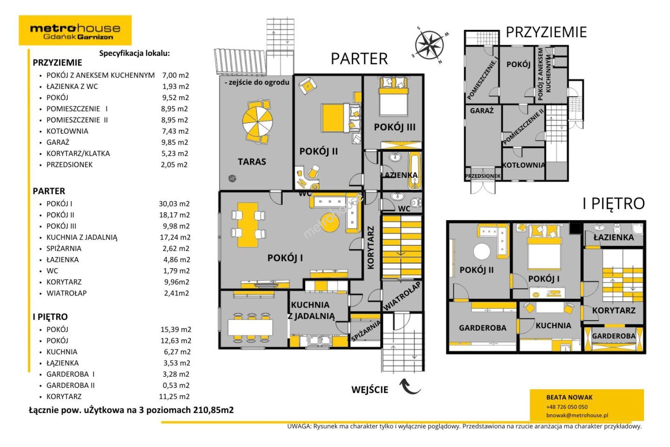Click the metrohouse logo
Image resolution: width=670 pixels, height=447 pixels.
(75, 30)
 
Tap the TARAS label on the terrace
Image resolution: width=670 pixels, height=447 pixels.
(252, 162)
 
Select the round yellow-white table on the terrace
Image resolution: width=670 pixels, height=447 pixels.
(257, 120)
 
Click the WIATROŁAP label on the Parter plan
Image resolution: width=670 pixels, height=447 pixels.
(402, 296)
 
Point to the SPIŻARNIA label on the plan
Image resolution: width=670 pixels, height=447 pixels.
(366, 331)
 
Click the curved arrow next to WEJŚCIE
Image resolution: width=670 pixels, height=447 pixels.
(410, 386)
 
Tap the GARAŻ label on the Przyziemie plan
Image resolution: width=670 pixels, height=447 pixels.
(481, 111)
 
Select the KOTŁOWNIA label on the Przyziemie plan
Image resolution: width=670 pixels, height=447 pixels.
(524, 165)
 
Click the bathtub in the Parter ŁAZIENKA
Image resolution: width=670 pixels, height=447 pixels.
(415, 171)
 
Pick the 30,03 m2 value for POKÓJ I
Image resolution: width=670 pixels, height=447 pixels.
(174, 204)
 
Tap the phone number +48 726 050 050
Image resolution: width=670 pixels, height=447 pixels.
(567, 407)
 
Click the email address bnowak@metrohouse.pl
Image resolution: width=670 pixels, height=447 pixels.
(577, 415)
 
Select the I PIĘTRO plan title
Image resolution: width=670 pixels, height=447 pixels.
(614, 204)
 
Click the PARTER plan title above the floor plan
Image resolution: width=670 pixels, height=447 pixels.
(359, 59)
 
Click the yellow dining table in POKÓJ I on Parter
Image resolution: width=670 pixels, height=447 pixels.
(248, 225)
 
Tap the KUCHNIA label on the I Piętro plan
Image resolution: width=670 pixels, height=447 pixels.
(553, 326)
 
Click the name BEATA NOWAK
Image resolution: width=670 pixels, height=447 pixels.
(569, 397)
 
